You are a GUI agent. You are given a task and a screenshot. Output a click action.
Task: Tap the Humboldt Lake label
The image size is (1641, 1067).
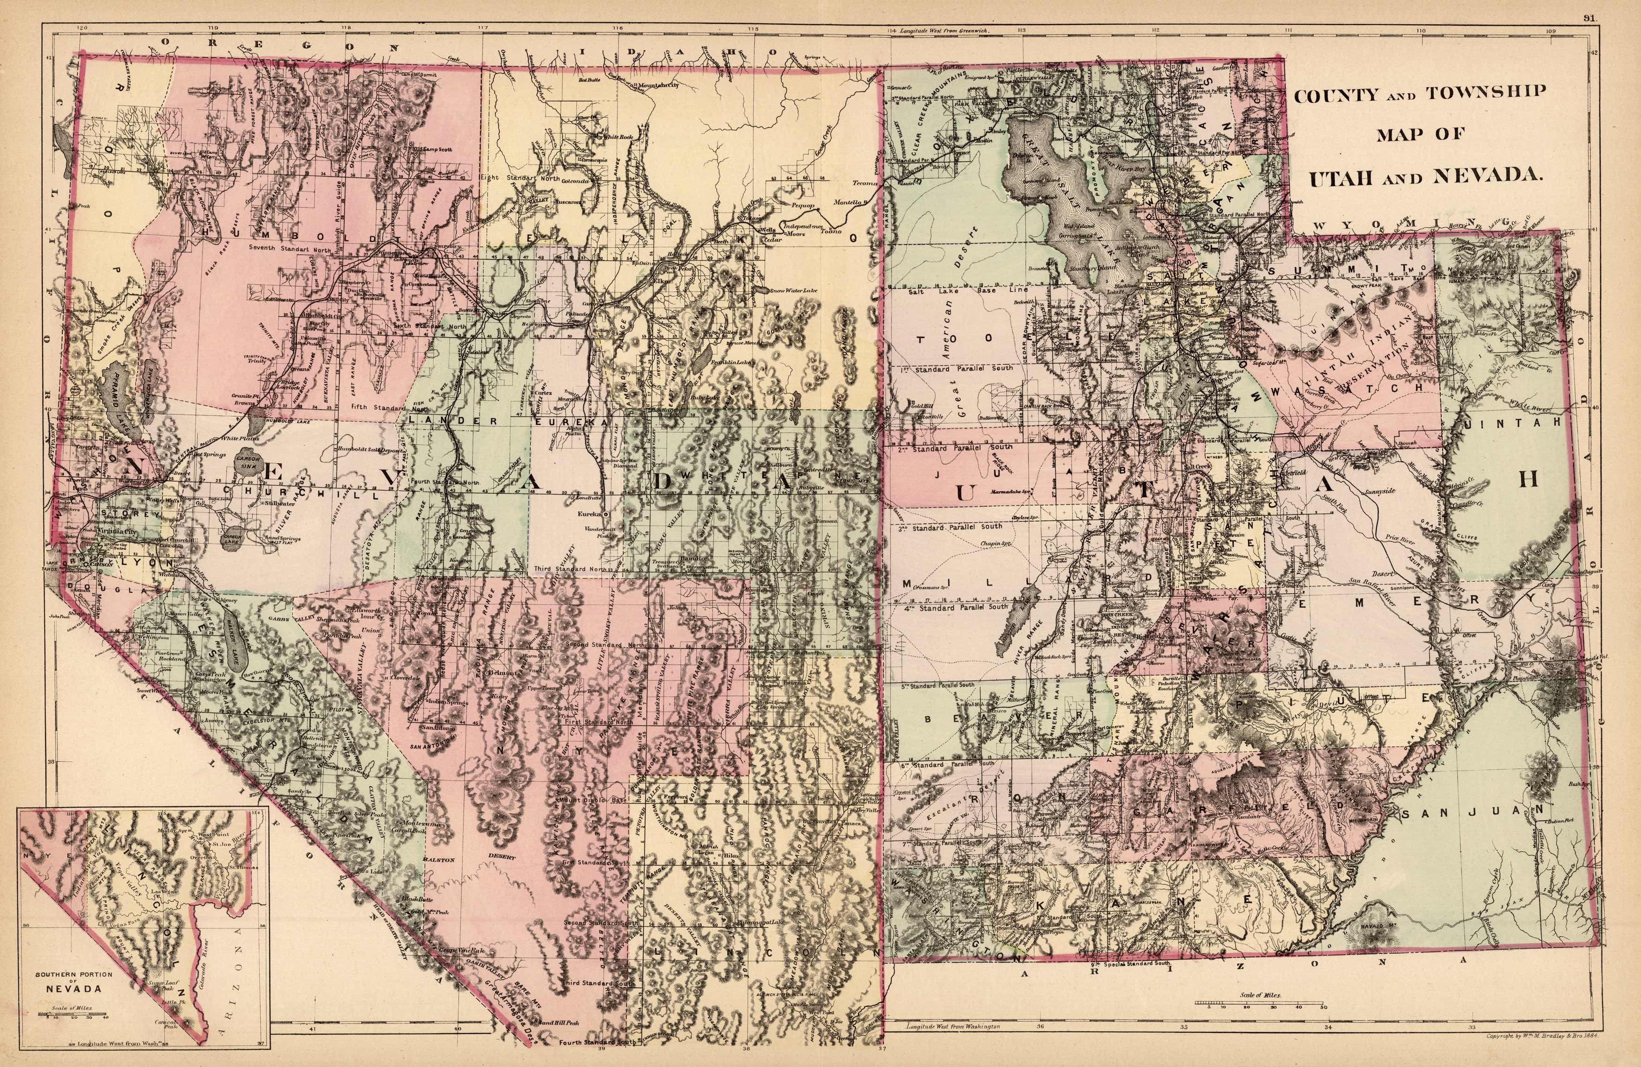click(x=286, y=421)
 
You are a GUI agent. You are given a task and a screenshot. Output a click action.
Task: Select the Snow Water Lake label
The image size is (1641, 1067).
click(x=794, y=290)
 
